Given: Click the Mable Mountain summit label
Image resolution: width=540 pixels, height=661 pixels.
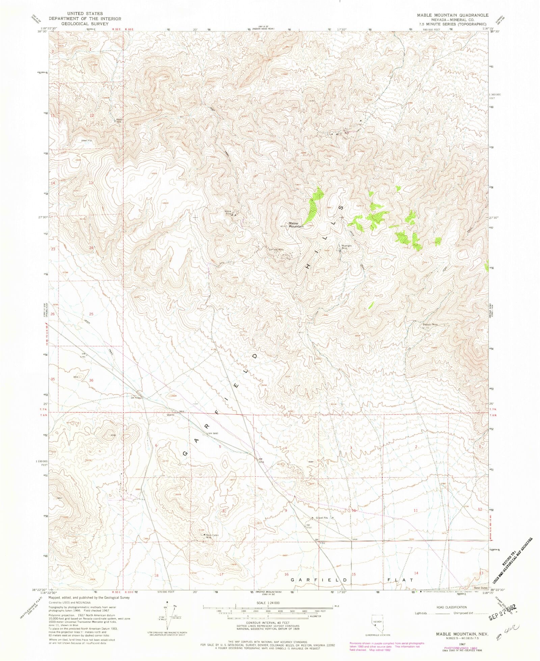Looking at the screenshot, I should [x=296, y=225].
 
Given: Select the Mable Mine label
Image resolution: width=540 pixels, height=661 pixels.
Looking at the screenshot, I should [x=229, y=212].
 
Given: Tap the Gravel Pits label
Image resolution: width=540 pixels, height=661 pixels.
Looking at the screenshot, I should [x=322, y=518].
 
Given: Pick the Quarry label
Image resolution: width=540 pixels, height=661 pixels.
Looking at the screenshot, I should [x=170, y=415].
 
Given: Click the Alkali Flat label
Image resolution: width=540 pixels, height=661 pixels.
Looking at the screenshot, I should [x=86, y=140].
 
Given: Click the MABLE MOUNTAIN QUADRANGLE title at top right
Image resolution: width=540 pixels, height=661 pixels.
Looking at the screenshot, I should [x=452, y=16].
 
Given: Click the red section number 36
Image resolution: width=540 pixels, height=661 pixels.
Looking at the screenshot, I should [x=91, y=380].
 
